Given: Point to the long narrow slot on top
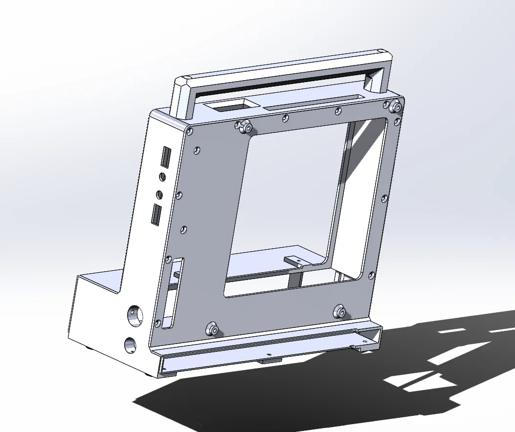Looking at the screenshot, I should [x=313, y=101].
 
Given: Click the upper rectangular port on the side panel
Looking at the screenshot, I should [x=165, y=157].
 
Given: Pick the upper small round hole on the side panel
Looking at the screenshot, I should [x=162, y=176].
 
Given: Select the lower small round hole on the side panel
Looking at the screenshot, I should [x=159, y=194].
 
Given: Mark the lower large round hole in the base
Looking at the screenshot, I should [x=130, y=346].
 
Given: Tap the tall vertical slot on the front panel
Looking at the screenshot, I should [x=175, y=293].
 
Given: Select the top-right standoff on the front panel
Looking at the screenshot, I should [x=395, y=106].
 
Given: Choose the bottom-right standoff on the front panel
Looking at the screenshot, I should [x=339, y=311].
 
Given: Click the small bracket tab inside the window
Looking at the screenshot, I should [x=295, y=261].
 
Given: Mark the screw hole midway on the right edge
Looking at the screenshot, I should [x=384, y=198].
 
